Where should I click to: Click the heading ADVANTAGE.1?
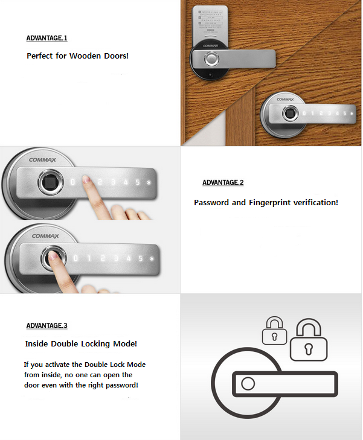click(47, 38)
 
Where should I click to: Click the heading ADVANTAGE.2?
click(222, 182)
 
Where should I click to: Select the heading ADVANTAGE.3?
click(47, 325)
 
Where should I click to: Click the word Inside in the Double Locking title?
click(37, 343)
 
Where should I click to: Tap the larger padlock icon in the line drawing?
click(308, 341)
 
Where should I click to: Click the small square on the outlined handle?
click(247, 384)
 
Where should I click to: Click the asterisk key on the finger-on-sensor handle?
click(152, 259)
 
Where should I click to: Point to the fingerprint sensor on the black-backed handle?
click(211, 59)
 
